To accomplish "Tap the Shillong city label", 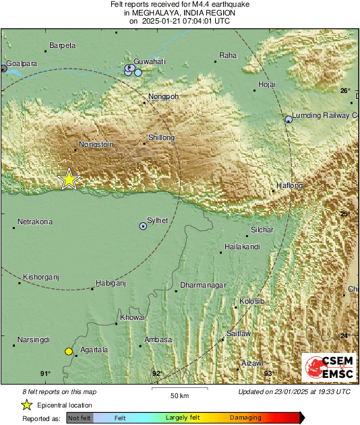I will pos(161,138).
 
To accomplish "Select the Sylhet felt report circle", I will pos(142,226).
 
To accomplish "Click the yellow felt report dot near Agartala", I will pos(68,351).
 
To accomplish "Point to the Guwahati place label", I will pos(150,61).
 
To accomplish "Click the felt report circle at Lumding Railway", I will pos(289,119).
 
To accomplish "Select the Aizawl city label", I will pos(252,363).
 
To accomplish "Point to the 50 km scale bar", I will pos(179,389).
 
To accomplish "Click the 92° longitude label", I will pos(157,373).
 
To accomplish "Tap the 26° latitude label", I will pos(345,91).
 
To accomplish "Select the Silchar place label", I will pos(262,230).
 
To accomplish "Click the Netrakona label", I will pos(35,222).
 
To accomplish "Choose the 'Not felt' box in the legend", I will pos(80,418).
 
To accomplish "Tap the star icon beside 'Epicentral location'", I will pos(26,405).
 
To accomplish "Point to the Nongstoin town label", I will pos(95,144).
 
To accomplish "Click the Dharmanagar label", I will pos(203,286).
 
